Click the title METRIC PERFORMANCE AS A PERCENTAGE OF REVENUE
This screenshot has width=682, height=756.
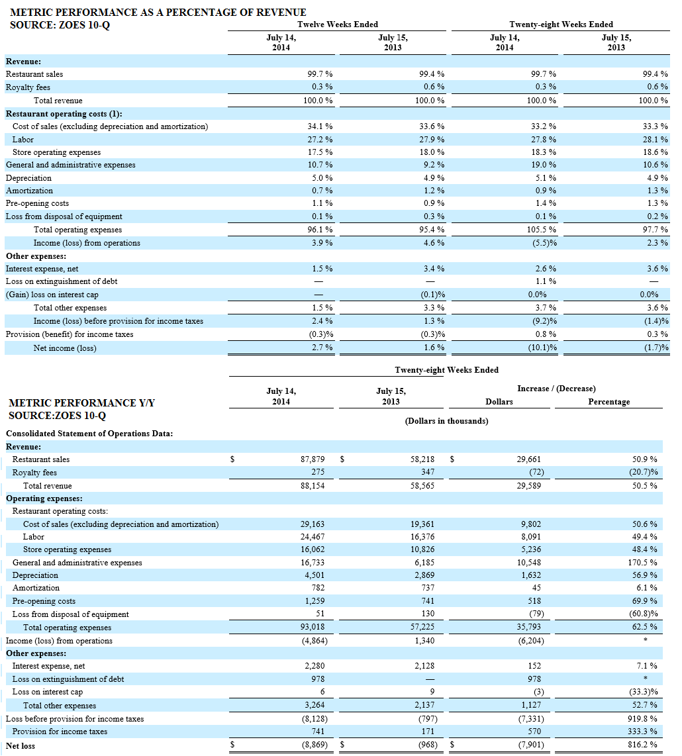tap(158, 13)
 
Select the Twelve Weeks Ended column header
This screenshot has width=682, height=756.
tap(338, 24)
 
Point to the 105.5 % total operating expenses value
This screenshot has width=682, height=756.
tap(545, 230)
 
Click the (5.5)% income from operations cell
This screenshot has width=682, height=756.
tap(545, 243)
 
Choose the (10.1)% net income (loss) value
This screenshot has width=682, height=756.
tap(544, 348)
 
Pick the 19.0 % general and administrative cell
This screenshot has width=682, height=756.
tap(546, 165)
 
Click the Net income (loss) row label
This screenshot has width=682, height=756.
tap(65, 348)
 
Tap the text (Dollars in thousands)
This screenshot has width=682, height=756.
tap(446, 421)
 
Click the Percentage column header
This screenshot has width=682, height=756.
tap(609, 402)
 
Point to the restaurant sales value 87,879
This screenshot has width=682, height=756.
tap(313, 459)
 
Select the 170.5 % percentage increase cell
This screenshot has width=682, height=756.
tap(644, 563)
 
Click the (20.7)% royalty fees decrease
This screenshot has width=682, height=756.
tap(644, 473)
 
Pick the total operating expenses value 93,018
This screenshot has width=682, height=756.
tap(313, 628)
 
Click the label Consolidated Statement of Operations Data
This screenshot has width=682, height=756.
tap(89, 434)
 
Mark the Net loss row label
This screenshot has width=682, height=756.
tap(21, 746)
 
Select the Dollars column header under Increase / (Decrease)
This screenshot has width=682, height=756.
tap(499, 402)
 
